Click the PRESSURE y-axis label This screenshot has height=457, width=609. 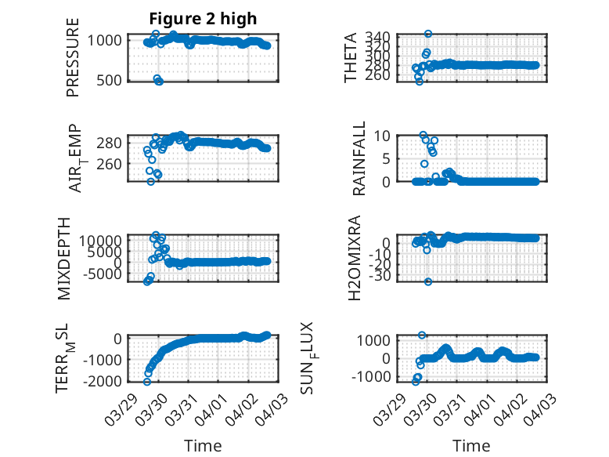pos(74,62)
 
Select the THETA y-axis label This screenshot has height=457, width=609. pos(351,57)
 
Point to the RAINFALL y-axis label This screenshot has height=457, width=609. pos(359,158)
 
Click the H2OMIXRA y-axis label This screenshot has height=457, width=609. pos(355,257)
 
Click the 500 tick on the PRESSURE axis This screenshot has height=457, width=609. pos(110,80)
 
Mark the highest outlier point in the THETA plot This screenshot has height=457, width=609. pos(428,34)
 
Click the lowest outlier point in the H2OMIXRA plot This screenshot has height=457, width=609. pos(428,281)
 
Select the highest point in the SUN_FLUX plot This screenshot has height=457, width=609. pos(422,335)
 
